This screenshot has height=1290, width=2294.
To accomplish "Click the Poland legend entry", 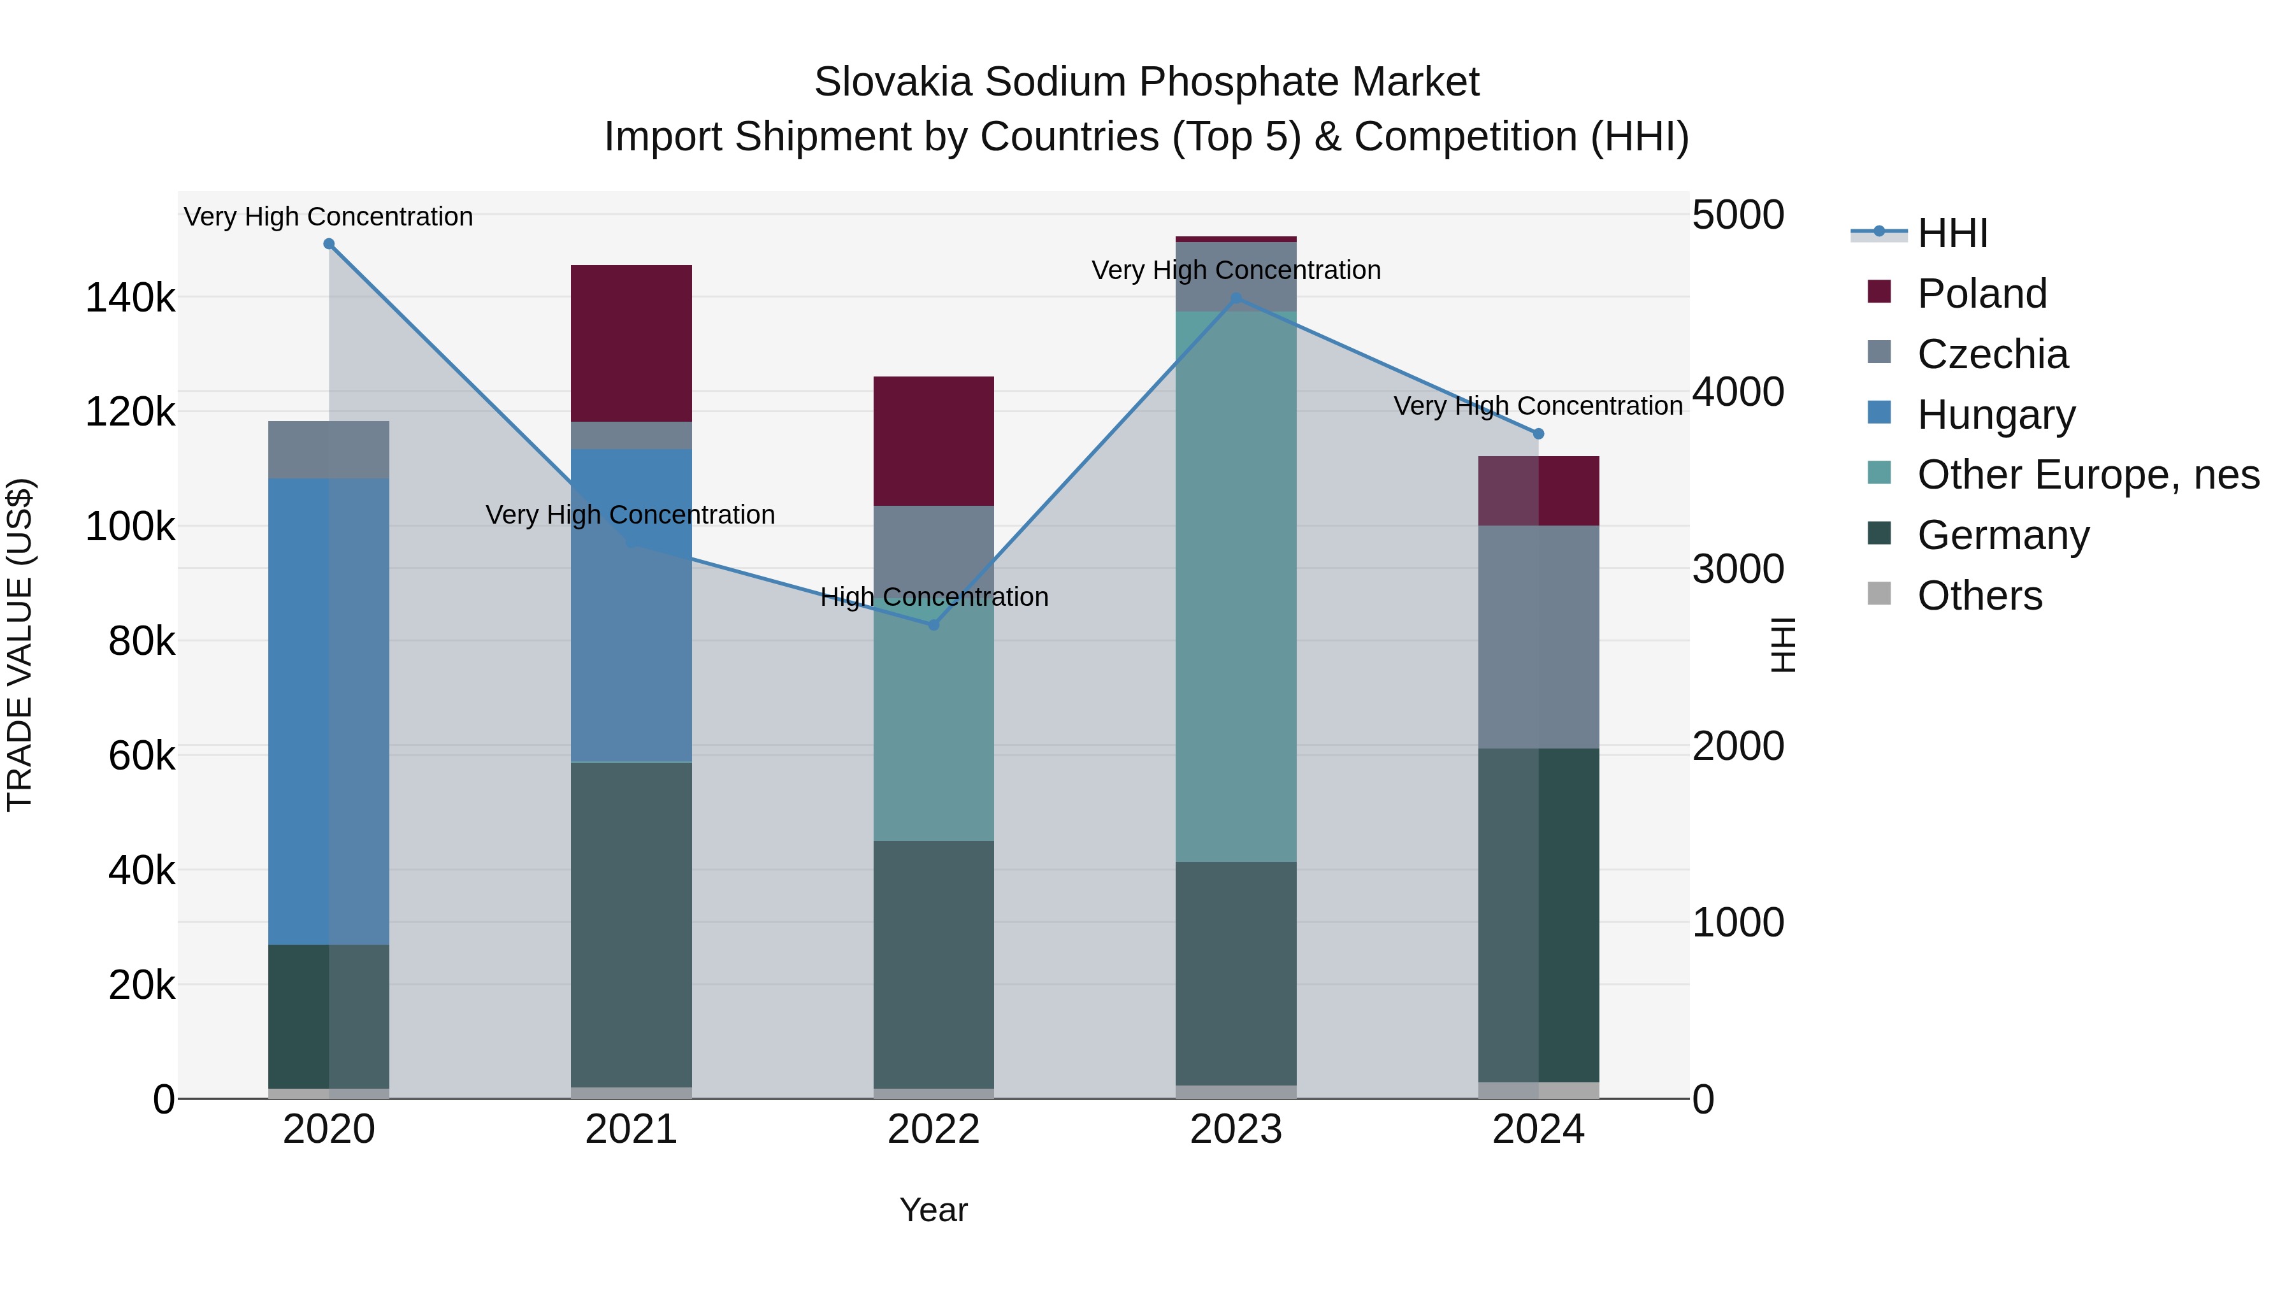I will pyautogui.click(x=1981, y=294).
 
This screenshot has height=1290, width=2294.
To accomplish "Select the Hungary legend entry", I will pyautogui.click(x=1996, y=415).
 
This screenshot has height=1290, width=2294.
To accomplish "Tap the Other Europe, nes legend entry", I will pyautogui.click(x=2088, y=475).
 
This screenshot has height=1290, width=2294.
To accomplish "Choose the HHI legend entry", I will pyautogui.click(x=1952, y=233).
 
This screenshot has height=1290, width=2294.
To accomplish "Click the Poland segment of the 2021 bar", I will pyautogui.click(x=630, y=343).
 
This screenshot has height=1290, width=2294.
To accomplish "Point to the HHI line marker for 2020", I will pyautogui.click(x=329, y=244).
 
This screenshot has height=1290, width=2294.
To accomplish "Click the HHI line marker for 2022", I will pyautogui.click(x=934, y=625).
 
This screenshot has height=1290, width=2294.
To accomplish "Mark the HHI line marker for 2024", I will pyautogui.click(x=1538, y=434).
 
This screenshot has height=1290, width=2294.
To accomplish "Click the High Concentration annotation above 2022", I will pyautogui.click(x=934, y=596).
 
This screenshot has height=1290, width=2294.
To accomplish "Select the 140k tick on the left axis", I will pyautogui.click(x=130, y=298).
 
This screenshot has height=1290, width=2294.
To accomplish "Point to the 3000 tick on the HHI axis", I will pyautogui.click(x=1738, y=569).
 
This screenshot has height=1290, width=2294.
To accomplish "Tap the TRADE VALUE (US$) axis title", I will pyautogui.click(x=20, y=645).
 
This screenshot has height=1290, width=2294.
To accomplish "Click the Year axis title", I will pyautogui.click(x=934, y=1210).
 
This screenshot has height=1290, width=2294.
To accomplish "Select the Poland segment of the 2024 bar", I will pyautogui.click(x=1538, y=491).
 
